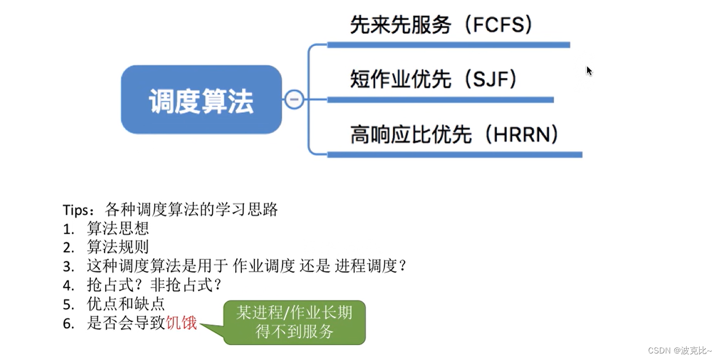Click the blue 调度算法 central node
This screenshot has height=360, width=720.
coord(201,100)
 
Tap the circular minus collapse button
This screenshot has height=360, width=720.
coord(294,100)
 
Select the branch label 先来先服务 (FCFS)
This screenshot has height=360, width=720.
coord(441,25)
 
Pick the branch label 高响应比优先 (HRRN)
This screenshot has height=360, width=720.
coord(454,135)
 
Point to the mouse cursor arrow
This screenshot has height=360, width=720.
coord(589,70)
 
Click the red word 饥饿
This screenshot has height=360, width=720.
coord(181,324)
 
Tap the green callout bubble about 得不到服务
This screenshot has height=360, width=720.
coord(294,322)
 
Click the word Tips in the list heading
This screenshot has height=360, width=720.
coord(75,210)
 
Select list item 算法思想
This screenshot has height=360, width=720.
coord(118,228)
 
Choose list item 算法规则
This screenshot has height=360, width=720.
coord(118,247)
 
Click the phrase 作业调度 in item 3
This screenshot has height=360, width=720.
coord(264,266)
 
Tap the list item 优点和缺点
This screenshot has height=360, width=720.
coord(126,304)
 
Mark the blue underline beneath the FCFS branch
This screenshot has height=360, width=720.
coord(448,45)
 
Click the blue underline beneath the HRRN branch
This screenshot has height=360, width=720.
coord(455,155)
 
